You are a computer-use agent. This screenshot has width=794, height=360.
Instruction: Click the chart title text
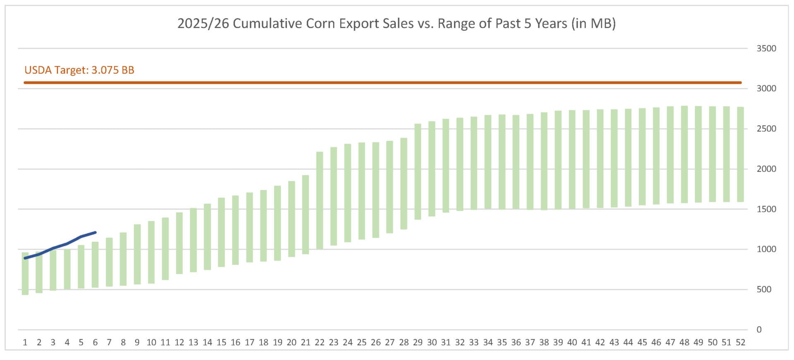(x=396, y=24)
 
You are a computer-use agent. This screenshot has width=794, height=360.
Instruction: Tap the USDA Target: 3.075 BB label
(x=79, y=70)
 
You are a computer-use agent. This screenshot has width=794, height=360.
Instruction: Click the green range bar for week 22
(x=320, y=200)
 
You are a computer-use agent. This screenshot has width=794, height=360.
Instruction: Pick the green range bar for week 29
(x=418, y=172)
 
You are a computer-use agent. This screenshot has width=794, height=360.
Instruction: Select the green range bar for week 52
(x=740, y=155)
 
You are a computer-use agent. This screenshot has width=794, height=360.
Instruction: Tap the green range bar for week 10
(x=151, y=252)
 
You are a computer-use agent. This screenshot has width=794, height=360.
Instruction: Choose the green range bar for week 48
(x=684, y=155)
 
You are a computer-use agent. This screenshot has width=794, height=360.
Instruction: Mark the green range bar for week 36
(x=516, y=162)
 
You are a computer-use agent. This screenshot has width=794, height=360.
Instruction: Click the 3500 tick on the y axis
(x=766, y=48)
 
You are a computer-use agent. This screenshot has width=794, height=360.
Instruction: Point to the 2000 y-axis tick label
(x=766, y=169)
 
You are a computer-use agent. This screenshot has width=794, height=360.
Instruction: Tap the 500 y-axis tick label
(x=764, y=289)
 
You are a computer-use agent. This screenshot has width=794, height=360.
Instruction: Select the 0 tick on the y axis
(x=759, y=329)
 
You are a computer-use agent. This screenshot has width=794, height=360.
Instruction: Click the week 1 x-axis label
(x=25, y=342)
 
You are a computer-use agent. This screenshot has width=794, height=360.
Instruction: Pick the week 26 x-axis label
(x=375, y=342)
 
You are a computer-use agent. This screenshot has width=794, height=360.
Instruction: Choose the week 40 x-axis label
(x=572, y=342)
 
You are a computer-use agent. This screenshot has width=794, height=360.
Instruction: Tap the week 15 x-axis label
(x=221, y=342)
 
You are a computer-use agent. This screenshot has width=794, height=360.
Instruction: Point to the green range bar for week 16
(x=235, y=230)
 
